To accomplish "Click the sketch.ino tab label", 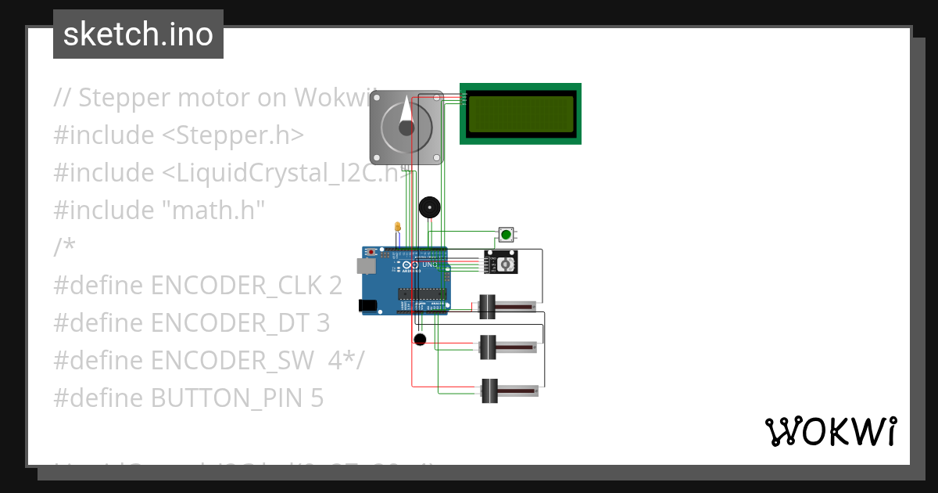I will coord(138,34).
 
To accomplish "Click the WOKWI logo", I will coord(830,431).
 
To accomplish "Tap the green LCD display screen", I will coord(521,113).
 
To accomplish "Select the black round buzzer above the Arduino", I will coord(429,207).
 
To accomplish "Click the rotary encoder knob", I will coord(506,265).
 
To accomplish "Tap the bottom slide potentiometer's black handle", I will coord(489,390).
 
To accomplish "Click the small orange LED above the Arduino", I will coord(398,227).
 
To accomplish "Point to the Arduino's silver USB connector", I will coord(366,266).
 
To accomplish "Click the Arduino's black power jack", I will coord(367,305).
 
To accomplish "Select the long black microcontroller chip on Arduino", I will coord(422,294).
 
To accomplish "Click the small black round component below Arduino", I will coord(420,339).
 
